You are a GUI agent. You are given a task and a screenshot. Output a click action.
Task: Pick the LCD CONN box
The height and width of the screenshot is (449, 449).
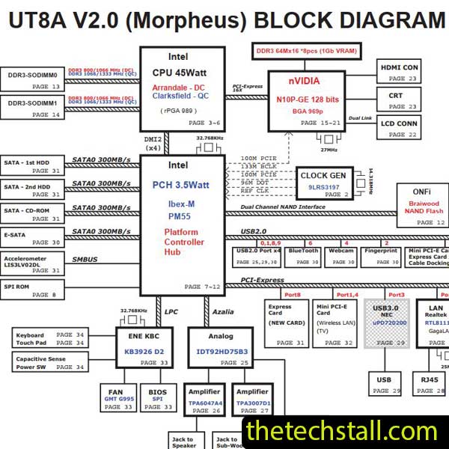pos(399,129)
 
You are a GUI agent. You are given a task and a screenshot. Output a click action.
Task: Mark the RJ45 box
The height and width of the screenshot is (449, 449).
pos(430,385)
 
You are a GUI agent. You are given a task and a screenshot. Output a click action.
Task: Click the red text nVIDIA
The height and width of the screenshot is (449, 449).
pos(305,82)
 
